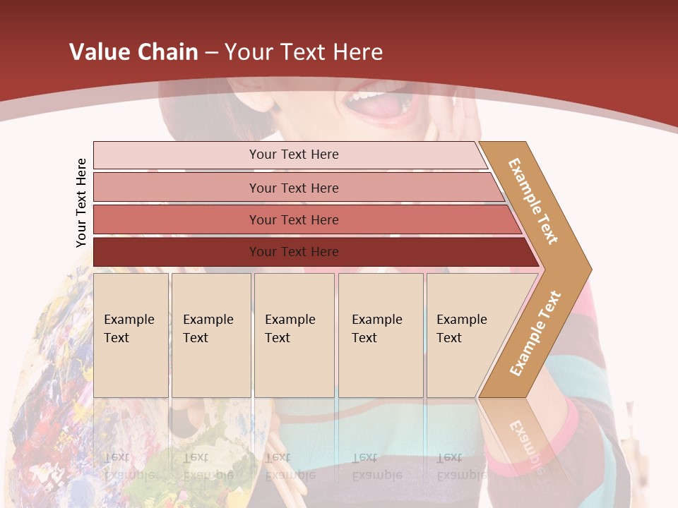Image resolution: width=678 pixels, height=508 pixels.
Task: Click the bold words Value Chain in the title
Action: click(133, 52)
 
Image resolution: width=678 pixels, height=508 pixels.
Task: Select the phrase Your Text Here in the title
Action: click(304, 52)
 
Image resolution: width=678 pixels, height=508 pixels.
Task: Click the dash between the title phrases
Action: click(211, 52)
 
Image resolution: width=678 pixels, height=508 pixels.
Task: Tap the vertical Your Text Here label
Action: click(81, 203)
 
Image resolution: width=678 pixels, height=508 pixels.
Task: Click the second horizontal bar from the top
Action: click(293, 188)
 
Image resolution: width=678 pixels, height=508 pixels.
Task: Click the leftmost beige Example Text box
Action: click(131, 334)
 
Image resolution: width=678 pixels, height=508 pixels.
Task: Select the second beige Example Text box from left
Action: click(211, 334)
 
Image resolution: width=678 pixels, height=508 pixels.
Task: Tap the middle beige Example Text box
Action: click(294, 334)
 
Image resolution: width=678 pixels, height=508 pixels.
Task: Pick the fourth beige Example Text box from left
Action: click(381, 334)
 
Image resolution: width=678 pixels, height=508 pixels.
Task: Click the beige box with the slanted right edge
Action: click(466, 334)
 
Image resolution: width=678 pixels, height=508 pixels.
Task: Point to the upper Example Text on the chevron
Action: click(533, 201)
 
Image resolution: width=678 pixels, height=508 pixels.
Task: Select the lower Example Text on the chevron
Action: click(535, 333)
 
